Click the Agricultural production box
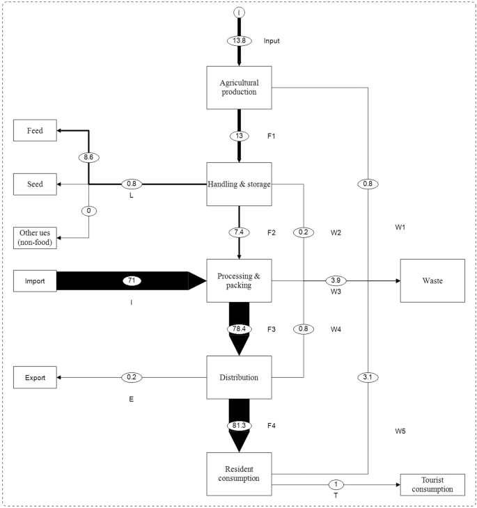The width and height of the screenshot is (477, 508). coord(239,88)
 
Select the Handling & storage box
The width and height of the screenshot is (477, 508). coord(239,184)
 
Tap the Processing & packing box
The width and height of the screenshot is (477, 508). coord(239,280)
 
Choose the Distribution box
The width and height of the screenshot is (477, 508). coord(239,377)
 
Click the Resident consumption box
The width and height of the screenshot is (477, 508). coord(239,474)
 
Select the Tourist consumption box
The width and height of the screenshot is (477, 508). coord(432,484)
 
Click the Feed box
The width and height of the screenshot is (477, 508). coord(35,130)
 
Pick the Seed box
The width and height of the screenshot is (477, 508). coord(35,184)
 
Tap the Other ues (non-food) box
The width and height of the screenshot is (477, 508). coord(35,237)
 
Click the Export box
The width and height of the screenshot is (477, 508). coord(35,377)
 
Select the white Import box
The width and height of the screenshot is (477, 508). coord(35,280)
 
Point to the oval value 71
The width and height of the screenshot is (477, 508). coord(131,280)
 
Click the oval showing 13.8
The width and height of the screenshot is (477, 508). coord(239,41)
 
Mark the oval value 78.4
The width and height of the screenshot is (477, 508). coord(239,328)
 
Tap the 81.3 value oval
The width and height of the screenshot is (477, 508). coord(239,425)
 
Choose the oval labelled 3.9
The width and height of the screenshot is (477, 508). coord(336,280)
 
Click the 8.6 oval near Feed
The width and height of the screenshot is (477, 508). coord(88,157)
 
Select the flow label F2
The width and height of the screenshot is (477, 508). coord(272,232)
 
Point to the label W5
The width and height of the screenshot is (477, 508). coord(400,431)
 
